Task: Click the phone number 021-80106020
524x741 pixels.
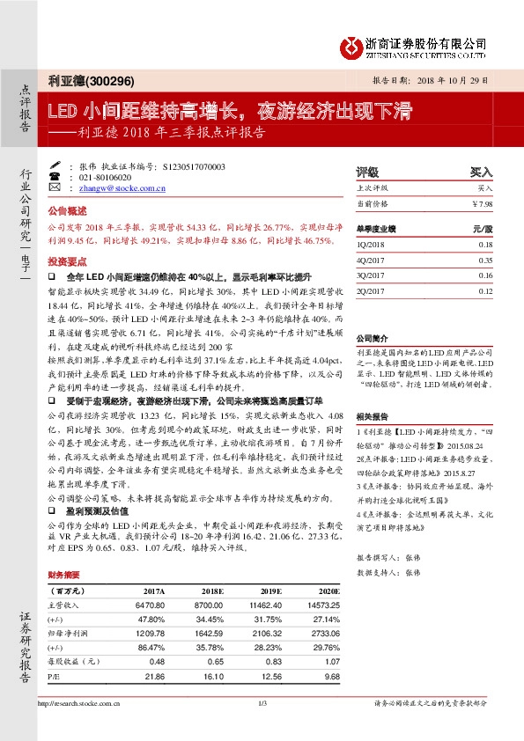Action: click(108, 177)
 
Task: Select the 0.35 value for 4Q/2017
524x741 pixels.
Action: click(485, 260)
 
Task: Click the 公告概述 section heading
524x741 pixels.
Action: click(67, 212)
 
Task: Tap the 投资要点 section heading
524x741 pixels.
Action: click(67, 262)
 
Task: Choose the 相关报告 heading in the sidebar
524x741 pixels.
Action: click(372, 414)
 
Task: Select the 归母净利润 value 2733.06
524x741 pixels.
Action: click(314, 633)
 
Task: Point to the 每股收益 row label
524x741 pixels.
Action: click(73, 661)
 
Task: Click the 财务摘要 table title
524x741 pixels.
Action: click(64, 575)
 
